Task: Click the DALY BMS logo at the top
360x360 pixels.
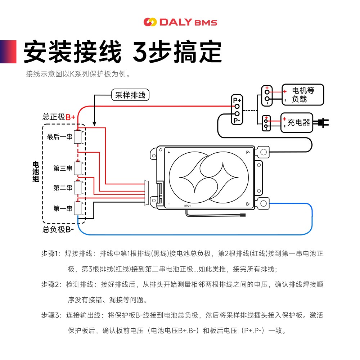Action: [x=180, y=22]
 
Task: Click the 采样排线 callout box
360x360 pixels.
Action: [x=130, y=95]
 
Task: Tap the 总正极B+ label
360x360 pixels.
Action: [x=59, y=117]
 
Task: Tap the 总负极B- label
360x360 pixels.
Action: [x=58, y=229]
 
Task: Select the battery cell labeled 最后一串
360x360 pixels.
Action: [x=78, y=137]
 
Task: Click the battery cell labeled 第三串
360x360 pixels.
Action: [x=78, y=168]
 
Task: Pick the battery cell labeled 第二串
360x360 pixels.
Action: [x=78, y=188]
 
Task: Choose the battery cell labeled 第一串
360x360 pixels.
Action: [x=78, y=208]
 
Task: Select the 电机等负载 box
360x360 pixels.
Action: [x=302, y=95]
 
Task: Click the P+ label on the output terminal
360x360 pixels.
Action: [x=237, y=100]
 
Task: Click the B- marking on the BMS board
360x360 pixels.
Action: [x=248, y=204]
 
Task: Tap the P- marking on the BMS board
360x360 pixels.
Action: [x=248, y=152]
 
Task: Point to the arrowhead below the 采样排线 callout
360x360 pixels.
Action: [x=94, y=123]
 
